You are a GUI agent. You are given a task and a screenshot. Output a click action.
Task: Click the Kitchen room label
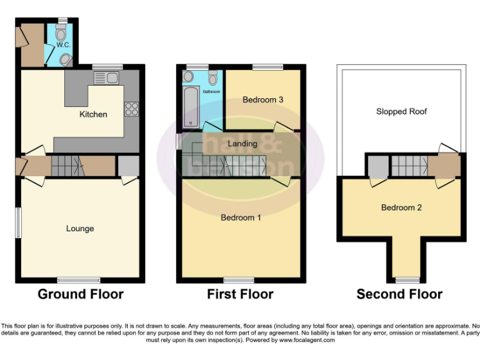pyautogui.click(x=93, y=114)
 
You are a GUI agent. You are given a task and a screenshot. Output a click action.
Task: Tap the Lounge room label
pyautogui.click(x=80, y=229)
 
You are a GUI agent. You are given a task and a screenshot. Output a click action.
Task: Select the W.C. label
pyautogui.click(x=62, y=45)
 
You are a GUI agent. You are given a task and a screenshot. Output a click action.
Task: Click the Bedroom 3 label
pyautogui.click(x=263, y=100)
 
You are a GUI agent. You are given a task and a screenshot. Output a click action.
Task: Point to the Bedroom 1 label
pyautogui.click(x=241, y=217)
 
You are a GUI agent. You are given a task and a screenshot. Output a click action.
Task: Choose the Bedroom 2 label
pyautogui.click(x=401, y=207)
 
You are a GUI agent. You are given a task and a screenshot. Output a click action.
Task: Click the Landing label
pyautogui.click(x=242, y=144)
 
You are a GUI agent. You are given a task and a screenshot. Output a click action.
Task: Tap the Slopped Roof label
pyautogui.click(x=401, y=112)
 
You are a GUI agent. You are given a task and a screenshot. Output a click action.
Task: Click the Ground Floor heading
pyautogui.click(x=81, y=294)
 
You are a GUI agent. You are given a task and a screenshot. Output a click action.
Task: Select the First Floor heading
pyautogui.click(x=241, y=294)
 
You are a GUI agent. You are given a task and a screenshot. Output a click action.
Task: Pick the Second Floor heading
pyautogui.click(x=399, y=294)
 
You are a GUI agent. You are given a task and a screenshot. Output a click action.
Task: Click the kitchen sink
pyautogui.click(x=106, y=77)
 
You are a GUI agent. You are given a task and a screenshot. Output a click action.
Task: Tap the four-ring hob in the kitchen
pyautogui.click(x=131, y=109)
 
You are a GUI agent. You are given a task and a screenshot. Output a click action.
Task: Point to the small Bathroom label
pyautogui.click(x=211, y=92)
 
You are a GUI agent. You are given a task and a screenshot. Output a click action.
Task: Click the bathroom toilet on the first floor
pyautogui.click(x=213, y=77)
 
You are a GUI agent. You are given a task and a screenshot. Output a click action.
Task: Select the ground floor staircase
pyautogui.click(x=65, y=166)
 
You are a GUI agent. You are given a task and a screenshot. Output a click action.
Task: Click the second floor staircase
pyautogui.click(x=409, y=166)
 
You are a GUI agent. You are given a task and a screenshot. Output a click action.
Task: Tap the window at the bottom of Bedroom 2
pyautogui.click(x=407, y=279)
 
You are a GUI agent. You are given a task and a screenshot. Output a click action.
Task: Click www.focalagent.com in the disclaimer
pyautogui.click(x=306, y=341)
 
